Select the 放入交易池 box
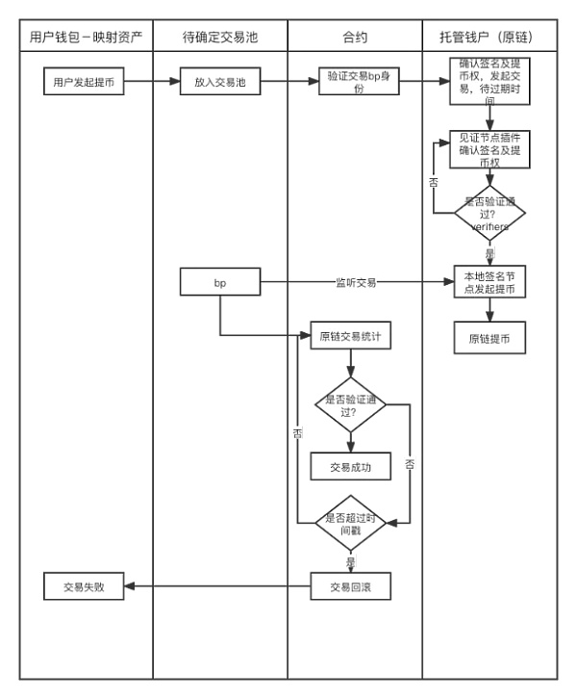[220, 83]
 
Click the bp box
[220, 284]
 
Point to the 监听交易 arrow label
[355, 283]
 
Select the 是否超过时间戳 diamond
[351, 523]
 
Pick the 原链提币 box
[490, 339]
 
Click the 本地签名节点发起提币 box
[490, 284]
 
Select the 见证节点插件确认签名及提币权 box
[490, 150]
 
